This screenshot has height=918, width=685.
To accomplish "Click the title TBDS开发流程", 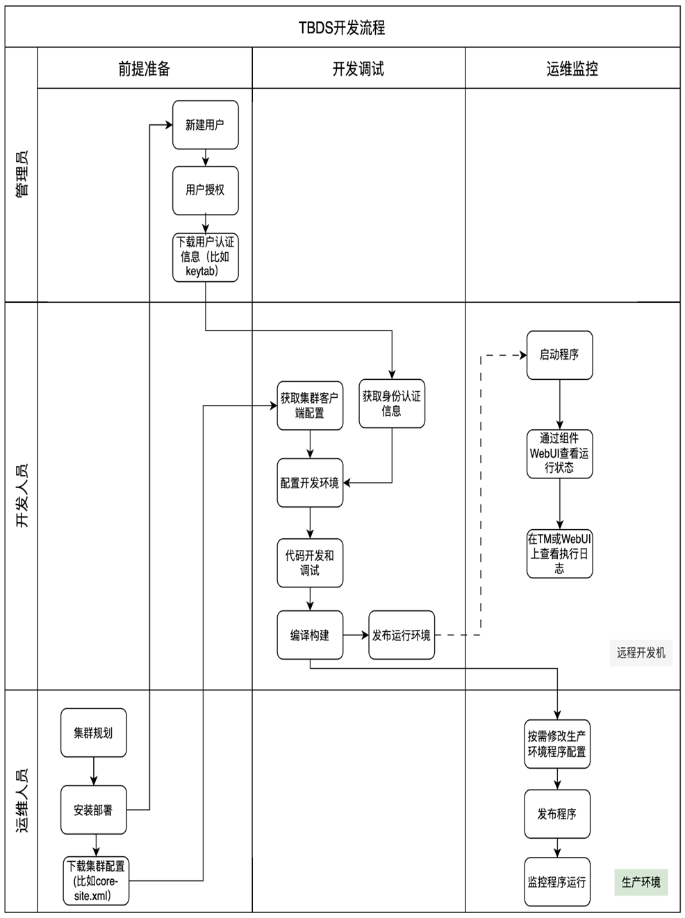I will (342, 28).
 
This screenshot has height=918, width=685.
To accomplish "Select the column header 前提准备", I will (145, 68).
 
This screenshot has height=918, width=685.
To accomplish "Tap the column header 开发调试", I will (358, 68).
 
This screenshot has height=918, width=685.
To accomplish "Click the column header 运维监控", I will (572, 68).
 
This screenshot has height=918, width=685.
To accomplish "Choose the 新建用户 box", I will (205, 125).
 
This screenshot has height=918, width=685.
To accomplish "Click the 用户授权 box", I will (205, 190).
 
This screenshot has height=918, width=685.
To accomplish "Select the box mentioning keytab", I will (205, 257).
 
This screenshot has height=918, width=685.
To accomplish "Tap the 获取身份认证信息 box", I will (392, 403).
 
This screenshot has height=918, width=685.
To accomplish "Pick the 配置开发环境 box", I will (310, 483).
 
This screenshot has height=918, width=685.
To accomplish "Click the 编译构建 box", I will (310, 635).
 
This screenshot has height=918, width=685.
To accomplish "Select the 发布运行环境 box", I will (402, 635).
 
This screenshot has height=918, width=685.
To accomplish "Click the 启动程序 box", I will (559, 355).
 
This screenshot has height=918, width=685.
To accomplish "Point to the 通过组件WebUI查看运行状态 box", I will (559, 453).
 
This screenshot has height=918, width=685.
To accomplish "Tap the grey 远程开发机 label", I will (641, 653).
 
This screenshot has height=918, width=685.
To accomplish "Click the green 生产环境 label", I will (641, 883).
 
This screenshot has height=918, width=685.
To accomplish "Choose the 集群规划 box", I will (94, 733).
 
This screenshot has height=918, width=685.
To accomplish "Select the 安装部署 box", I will (94, 810).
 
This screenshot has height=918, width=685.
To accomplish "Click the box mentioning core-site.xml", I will (97, 881).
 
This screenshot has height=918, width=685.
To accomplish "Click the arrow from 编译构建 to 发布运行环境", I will (356, 635).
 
